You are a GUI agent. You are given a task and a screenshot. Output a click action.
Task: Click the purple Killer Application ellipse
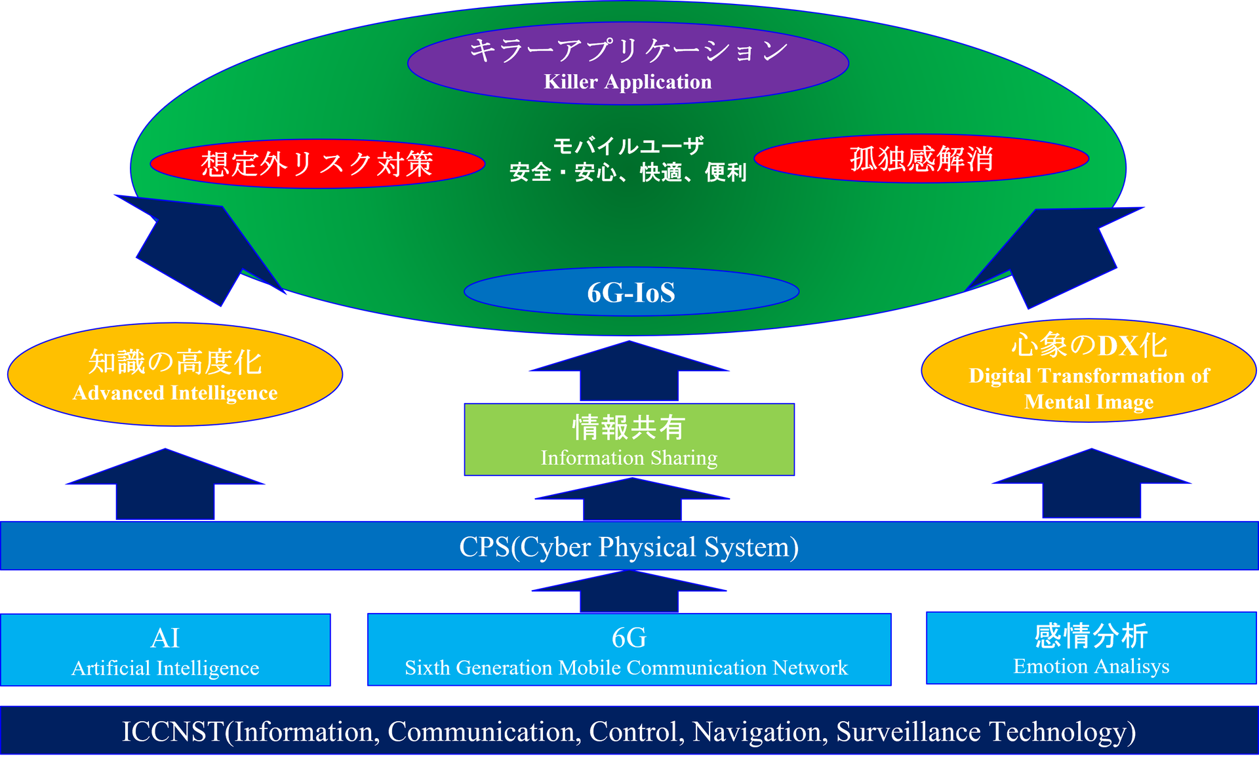pos(628,64)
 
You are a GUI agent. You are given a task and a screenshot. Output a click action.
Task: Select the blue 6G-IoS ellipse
pos(631,292)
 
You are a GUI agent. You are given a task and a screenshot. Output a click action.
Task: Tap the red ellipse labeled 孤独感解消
pos(921,159)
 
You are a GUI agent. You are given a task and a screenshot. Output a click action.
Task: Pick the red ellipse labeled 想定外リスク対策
pos(317,163)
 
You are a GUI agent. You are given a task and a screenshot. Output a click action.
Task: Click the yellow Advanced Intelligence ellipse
pos(174,375)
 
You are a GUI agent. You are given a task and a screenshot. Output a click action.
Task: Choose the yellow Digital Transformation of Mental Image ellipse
pos(1089,372)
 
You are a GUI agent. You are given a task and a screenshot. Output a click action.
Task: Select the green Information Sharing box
pos(629,440)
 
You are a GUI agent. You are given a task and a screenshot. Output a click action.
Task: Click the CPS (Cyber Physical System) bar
pos(629,546)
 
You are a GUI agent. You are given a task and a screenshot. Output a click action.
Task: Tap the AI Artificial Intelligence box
pos(165,650)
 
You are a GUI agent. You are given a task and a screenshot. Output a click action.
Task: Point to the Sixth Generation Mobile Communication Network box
pos(628,650)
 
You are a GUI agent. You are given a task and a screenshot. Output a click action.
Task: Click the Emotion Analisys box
pos(1091,648)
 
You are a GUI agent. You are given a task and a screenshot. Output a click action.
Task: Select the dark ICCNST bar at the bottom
pos(629,731)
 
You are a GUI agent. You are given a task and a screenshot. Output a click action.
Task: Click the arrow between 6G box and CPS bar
pos(629,593)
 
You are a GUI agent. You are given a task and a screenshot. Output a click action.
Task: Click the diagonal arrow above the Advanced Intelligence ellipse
pos(197,246)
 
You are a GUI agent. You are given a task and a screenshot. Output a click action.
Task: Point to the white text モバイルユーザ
pos(628,146)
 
